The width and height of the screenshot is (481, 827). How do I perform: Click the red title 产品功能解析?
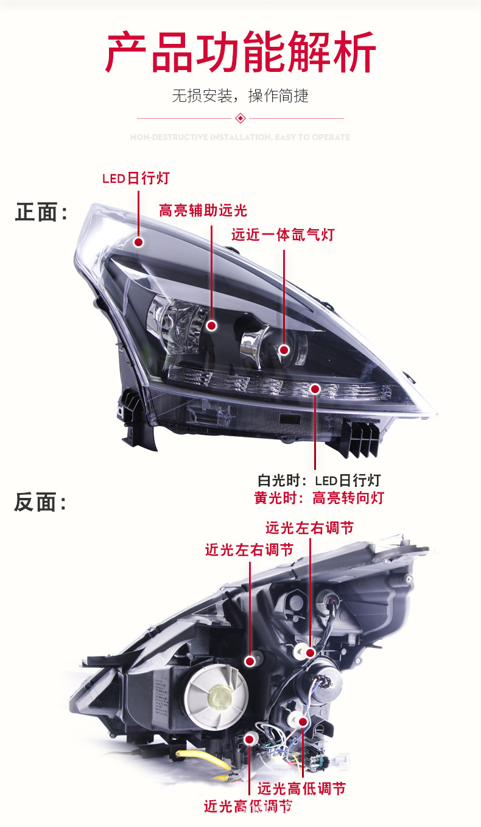[240, 54]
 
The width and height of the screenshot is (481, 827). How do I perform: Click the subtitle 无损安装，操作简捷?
[240, 96]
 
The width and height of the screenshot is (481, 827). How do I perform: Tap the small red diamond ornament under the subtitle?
[240, 118]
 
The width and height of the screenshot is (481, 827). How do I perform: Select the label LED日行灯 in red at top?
[136, 179]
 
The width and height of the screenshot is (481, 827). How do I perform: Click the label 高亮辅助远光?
[203, 211]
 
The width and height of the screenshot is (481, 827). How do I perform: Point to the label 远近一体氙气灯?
[283, 235]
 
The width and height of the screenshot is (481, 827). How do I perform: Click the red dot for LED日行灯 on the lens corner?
[139, 242]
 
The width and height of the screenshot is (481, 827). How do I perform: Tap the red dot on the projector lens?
[284, 350]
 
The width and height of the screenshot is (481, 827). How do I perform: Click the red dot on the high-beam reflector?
[212, 325]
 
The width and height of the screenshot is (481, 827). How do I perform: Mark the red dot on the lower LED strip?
[315, 388]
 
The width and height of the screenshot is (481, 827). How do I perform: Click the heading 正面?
[41, 213]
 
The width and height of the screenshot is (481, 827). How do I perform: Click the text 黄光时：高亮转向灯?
[319, 498]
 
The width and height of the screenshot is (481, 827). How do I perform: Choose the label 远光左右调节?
[309, 527]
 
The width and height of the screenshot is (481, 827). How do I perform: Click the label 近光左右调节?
[249, 550]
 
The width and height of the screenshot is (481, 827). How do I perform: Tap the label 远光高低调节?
[301, 789]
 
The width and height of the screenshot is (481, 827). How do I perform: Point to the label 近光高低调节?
[248, 806]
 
